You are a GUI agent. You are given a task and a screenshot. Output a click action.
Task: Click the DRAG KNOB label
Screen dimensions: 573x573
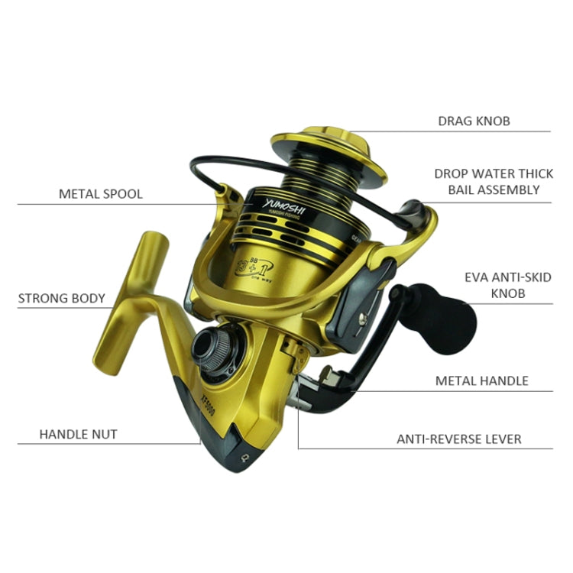(474, 121)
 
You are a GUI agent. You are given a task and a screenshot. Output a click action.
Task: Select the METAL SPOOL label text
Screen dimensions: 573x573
(101, 194)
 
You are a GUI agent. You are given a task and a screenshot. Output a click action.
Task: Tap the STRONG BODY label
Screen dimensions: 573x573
(61, 298)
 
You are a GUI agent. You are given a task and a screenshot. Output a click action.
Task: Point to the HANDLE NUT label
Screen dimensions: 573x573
(78, 434)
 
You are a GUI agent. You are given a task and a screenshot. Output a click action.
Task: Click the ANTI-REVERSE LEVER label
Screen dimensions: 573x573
(458, 439)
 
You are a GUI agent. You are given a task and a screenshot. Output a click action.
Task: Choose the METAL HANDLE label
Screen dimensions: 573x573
(481, 380)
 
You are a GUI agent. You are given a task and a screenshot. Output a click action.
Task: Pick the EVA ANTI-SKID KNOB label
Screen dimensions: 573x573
(508, 285)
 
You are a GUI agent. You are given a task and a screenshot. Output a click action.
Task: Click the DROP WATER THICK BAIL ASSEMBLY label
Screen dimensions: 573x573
(493, 182)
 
